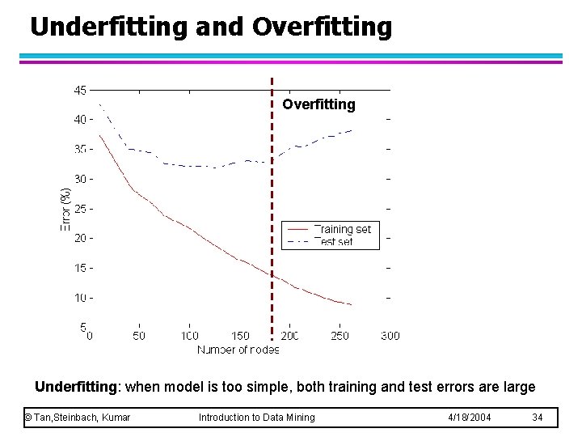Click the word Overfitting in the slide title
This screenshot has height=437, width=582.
point(322,27)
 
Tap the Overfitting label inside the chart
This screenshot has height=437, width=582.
point(318,104)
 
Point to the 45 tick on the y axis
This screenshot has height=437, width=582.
point(80,90)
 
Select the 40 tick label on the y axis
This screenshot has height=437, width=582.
point(80,119)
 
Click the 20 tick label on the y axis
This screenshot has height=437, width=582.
point(80,238)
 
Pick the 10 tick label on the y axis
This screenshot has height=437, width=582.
point(80,297)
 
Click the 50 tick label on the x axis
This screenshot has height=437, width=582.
point(139,336)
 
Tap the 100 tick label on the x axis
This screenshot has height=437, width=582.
point(189,336)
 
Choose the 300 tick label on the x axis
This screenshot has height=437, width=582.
point(390,336)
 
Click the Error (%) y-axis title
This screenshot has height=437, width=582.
point(65,209)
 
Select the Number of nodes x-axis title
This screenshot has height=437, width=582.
point(238,350)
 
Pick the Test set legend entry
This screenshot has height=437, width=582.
point(333,242)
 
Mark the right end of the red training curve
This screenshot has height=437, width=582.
point(352,305)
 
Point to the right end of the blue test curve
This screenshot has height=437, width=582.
point(352,130)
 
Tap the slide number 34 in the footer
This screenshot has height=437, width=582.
point(538,417)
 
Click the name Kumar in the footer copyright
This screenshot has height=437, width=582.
point(114,417)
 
